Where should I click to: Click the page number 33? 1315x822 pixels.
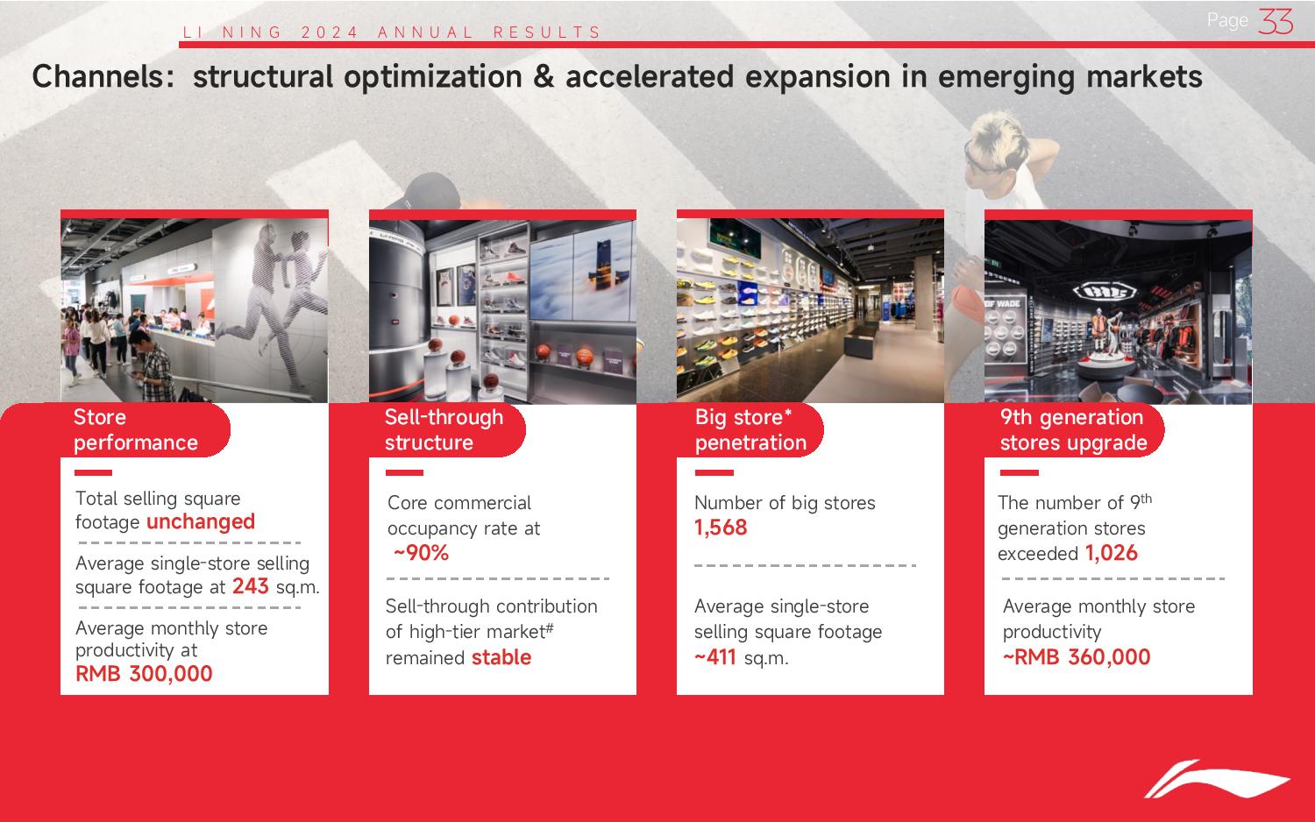point(1276,22)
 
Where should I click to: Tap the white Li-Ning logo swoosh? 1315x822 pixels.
point(1217,779)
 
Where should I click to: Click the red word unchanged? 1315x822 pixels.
point(201,521)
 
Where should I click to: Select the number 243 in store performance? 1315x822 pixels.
point(250,586)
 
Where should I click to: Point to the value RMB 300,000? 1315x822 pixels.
point(144,674)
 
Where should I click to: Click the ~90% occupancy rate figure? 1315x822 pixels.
point(421,553)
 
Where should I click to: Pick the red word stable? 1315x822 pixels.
point(501,657)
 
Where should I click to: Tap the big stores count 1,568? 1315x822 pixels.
point(721,528)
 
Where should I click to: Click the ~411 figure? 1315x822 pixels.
point(715,657)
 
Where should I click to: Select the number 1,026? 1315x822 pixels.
point(1112,553)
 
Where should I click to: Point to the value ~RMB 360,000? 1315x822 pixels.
point(1076,657)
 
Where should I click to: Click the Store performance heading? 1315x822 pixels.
point(136,429)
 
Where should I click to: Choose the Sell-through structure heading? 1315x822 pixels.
point(444,429)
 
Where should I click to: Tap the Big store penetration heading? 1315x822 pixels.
point(750,429)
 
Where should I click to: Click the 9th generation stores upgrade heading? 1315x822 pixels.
point(1074,429)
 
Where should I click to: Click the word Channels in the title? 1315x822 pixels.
point(103,77)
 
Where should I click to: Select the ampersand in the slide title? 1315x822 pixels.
point(543,77)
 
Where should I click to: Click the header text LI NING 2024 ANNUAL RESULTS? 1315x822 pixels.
point(392,32)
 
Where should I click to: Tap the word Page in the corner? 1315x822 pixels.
point(1227,21)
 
